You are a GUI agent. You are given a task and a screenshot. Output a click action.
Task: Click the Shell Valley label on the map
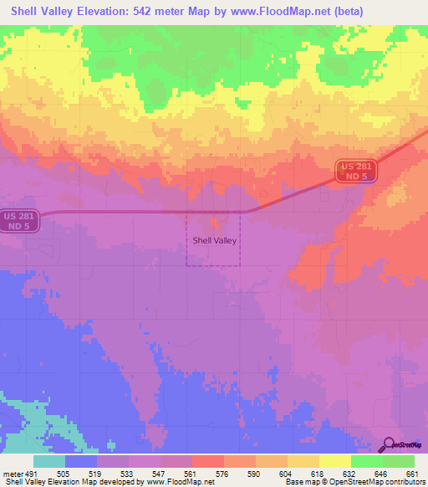pyautogui.click(x=215, y=240)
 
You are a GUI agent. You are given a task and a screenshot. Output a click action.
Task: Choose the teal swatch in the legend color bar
pyautogui.click(x=49, y=461)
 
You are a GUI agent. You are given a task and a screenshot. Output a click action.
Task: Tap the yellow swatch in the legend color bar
pyautogui.click(x=334, y=461)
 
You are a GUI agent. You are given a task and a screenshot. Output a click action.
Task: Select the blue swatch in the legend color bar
pyautogui.click(x=81, y=461)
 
